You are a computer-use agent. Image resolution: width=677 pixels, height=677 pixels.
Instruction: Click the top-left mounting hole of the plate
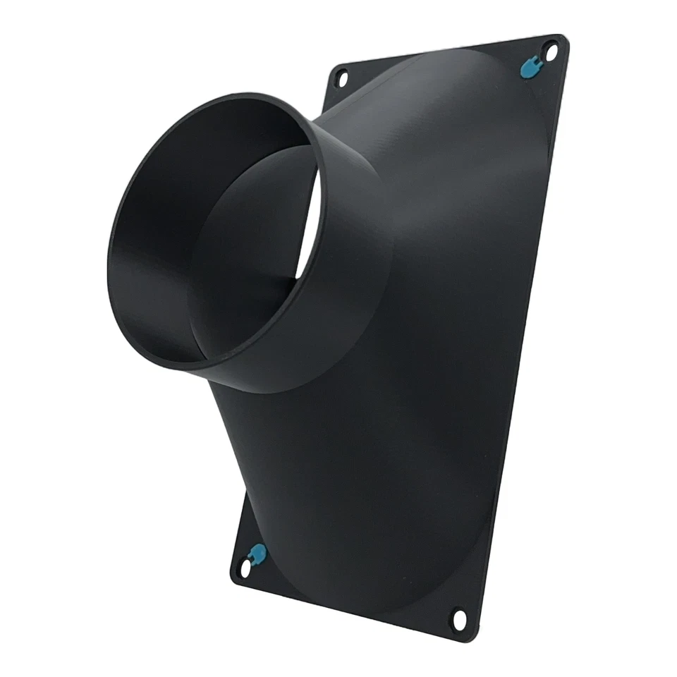click(x=342, y=78)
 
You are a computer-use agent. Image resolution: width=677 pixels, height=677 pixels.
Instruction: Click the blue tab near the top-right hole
click(x=527, y=66)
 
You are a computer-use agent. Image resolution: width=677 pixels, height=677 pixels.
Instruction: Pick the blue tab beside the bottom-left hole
click(x=258, y=553)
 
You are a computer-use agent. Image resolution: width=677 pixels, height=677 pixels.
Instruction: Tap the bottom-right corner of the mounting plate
click(x=474, y=639)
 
